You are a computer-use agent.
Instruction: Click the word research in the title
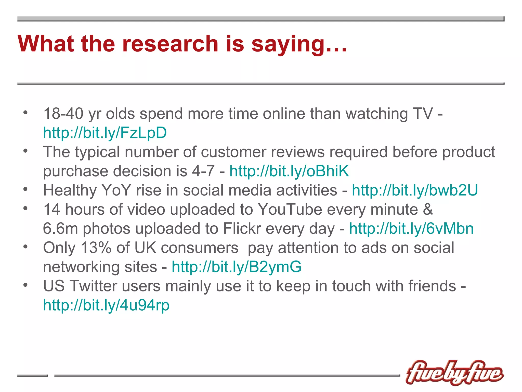[170, 44]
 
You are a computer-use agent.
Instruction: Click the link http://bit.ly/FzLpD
[105, 133]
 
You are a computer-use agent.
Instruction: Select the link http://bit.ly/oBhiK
[289, 171]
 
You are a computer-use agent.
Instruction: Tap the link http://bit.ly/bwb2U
[415, 190]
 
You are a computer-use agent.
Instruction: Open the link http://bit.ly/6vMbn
[411, 228]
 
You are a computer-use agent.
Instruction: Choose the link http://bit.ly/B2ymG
[237, 267]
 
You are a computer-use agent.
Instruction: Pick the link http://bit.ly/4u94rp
[106, 305]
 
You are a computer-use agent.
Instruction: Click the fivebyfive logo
[454, 373]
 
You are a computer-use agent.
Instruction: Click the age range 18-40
[63, 114]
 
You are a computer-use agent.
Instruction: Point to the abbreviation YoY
[116, 190]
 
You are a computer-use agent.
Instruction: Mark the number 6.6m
[60, 228]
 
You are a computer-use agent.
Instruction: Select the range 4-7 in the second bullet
[203, 171]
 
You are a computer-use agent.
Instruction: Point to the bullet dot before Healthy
[25, 189]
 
